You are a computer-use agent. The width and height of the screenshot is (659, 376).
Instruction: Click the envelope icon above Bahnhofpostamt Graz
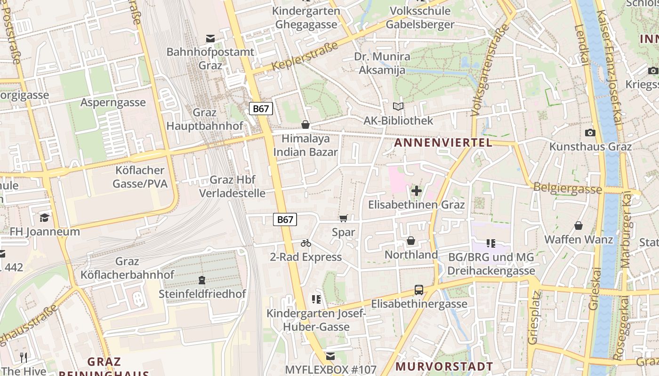click(x=210, y=38)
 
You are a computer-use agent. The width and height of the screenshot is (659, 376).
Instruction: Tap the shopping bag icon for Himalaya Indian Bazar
click(x=305, y=125)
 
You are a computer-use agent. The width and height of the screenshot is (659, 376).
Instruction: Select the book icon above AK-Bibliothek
click(x=398, y=107)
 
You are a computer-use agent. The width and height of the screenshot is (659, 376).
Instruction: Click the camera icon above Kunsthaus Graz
click(x=590, y=133)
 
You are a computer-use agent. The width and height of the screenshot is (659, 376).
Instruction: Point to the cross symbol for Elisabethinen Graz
click(x=416, y=191)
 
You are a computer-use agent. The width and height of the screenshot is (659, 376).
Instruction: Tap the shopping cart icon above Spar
click(x=343, y=218)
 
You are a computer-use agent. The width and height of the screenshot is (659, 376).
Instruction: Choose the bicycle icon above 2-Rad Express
click(x=306, y=243)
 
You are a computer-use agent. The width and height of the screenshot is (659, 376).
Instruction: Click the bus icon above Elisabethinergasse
click(x=419, y=290)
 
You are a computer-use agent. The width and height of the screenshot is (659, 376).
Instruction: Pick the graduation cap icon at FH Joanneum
click(x=45, y=217)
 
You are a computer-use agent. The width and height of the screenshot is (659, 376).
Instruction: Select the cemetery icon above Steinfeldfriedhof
click(x=202, y=280)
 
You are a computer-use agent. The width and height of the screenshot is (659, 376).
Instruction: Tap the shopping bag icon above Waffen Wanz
click(x=579, y=226)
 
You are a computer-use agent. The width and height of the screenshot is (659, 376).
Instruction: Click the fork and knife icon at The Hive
click(x=24, y=357)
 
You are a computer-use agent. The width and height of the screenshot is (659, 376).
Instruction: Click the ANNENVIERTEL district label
click(x=443, y=143)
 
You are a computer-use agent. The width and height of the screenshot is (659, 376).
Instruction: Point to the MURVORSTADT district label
click(x=444, y=366)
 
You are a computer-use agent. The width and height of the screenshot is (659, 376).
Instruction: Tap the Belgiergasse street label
click(x=567, y=188)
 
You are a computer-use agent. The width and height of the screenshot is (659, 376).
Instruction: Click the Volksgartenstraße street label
click(x=490, y=70)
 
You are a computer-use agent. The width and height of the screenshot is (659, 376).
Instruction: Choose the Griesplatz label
click(x=533, y=324)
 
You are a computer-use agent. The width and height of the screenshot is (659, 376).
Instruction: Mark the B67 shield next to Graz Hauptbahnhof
click(x=261, y=109)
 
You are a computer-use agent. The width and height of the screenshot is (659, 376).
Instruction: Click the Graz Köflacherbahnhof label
click(x=127, y=268)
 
